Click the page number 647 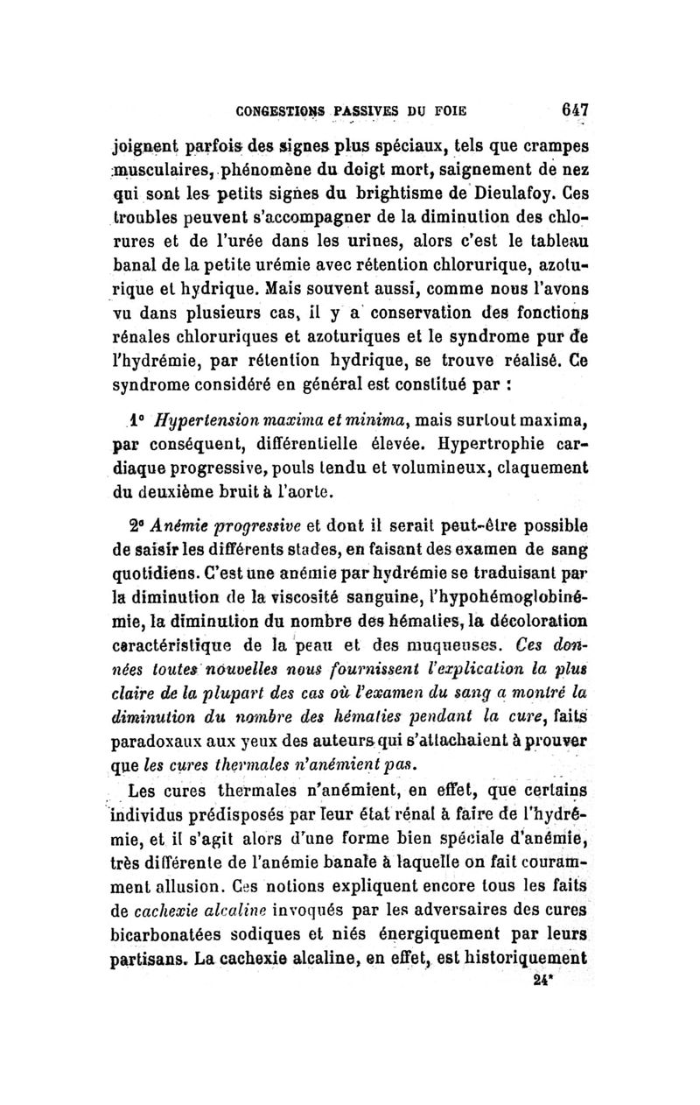click(x=573, y=111)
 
